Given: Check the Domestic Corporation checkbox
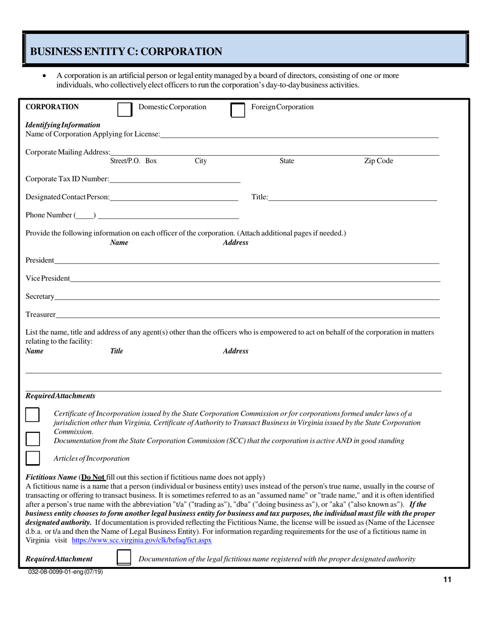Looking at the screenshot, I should tap(124, 110).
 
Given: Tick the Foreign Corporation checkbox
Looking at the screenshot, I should tap(237, 110).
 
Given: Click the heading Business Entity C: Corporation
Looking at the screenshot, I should tap(126, 52).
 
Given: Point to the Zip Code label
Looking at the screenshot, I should tap(378, 161).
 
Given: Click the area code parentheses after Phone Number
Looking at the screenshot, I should tap(85, 215).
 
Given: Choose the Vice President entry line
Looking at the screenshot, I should tap(255, 278).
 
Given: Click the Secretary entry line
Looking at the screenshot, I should tap(248, 296).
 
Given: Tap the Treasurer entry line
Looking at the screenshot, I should tap(248, 315).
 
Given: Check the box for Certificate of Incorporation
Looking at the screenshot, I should tap(32, 414).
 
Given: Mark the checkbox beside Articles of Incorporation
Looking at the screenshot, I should tap(32, 458).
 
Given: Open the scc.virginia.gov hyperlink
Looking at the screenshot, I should tap(142, 541).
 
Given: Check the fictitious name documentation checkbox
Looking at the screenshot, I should tap(123, 557).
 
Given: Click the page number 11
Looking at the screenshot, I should tap(447, 580).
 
